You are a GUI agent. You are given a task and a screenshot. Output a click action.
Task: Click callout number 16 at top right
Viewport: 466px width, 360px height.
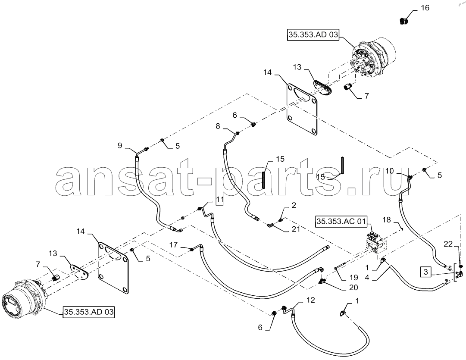coord(425,8)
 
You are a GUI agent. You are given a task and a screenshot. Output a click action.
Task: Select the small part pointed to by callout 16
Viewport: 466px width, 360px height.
coord(404,21)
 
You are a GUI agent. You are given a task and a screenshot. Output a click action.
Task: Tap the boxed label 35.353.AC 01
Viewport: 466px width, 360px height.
coord(341,221)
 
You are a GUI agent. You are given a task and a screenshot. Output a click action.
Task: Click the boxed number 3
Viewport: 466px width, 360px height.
coord(426,272)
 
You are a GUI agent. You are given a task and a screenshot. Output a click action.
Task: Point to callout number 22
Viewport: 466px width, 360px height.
coord(448,244)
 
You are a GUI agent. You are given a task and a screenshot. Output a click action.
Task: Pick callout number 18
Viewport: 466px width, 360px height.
coord(386,220)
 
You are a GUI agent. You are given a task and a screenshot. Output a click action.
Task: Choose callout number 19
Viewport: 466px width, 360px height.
coord(353,278)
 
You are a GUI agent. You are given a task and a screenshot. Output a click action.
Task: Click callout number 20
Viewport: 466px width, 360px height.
coord(353,288)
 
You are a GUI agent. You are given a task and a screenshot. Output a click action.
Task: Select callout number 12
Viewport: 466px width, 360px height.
coord(310,300)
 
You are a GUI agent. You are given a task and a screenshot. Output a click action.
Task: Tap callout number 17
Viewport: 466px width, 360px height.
coord(174,244)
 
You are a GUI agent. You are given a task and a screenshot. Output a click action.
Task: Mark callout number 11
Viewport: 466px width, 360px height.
coord(219,200)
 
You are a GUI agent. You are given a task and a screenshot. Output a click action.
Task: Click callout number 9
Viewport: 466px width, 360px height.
coord(120,146)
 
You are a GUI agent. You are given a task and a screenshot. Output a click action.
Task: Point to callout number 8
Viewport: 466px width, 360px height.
coord(218,126)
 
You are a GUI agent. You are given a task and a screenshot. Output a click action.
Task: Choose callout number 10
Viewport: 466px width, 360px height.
coord(389,171)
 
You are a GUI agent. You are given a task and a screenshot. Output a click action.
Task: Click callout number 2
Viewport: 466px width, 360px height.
coord(294,205)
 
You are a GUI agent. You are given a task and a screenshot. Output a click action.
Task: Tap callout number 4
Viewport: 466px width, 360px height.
coord(367,278)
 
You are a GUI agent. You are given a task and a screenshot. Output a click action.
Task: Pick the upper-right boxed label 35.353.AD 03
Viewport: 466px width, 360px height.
coord(313,35)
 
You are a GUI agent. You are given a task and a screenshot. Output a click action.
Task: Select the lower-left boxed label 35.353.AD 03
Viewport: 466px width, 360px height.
coord(89,312)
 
